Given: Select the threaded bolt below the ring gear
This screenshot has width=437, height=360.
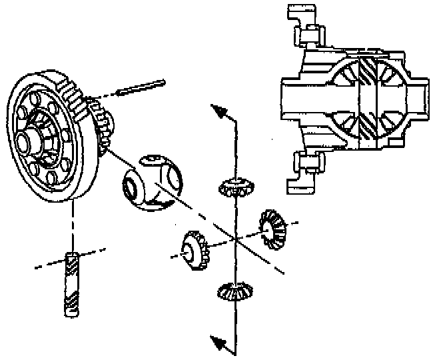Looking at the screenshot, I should coord(72,284).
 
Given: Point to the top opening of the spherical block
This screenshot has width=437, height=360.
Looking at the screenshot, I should coord(152,160).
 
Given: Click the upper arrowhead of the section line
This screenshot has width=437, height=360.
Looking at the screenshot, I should coord(218,111).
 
